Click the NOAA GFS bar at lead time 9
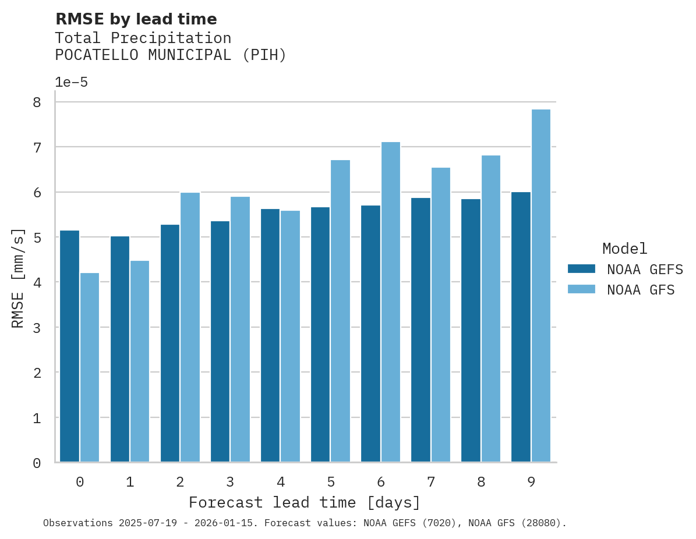[x=541, y=286]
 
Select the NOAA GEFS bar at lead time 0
[x=70, y=346]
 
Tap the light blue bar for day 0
[x=90, y=367]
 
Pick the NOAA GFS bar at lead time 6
[x=390, y=302]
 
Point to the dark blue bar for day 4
[x=270, y=335]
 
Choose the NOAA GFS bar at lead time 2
[x=190, y=327]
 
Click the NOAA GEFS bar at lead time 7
[x=421, y=330]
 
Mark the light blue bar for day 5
[x=340, y=311]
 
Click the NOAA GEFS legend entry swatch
[x=581, y=268]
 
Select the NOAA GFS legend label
[x=641, y=290]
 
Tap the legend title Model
[x=624, y=249]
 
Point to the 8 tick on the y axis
[x=37, y=102]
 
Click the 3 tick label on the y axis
[x=37, y=328]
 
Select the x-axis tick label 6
[x=380, y=482]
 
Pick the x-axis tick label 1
[x=130, y=482]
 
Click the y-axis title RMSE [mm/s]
[x=18, y=278]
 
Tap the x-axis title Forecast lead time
[x=304, y=502]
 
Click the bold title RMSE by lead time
[x=136, y=19]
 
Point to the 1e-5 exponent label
[x=71, y=82]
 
